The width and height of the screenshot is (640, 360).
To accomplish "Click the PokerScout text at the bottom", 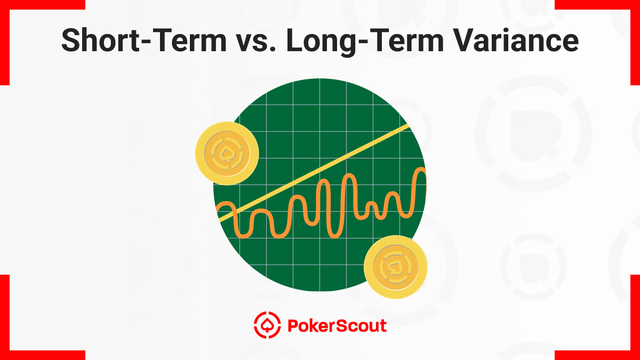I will coord(337,325).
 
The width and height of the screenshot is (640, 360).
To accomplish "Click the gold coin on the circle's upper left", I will coord(227,154).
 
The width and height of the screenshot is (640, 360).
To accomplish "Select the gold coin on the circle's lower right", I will coord(395,267).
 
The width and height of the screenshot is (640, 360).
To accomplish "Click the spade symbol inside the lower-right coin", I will coord(395,267).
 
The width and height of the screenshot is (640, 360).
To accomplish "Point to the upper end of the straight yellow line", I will coord(408,126).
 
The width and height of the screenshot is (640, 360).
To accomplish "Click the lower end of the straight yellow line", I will coord(220,220).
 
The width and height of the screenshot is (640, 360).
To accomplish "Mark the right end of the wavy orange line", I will coord(424,171).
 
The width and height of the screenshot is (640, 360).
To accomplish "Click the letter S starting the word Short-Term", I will coord(73,41).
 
